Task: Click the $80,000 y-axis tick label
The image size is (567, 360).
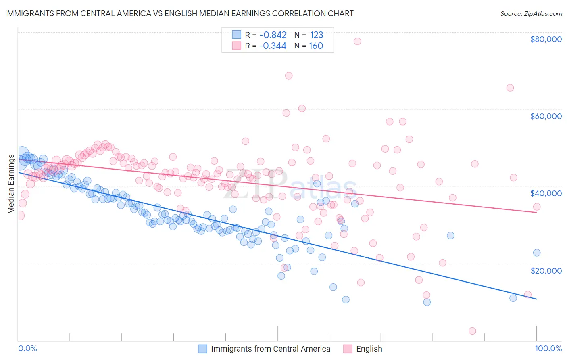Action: coord(546,39)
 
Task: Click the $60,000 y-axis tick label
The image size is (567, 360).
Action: coord(546,116)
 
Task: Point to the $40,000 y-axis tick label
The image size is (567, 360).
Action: coord(546,193)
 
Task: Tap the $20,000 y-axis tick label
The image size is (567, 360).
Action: coord(546,270)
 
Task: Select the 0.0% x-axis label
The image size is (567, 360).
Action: coord(27,349)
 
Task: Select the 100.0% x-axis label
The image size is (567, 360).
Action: coord(548,349)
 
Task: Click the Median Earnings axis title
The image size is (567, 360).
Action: coord(11,184)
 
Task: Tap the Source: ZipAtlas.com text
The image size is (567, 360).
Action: coord(531,13)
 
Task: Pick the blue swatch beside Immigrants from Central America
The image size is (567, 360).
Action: coord(202,349)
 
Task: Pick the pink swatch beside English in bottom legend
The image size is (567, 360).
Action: coord(348,349)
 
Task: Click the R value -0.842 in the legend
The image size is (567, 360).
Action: coord(273,35)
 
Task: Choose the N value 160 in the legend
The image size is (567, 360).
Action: coord(316,46)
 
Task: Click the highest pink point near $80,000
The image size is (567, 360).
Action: coord(357,41)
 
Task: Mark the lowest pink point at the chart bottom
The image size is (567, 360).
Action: coord(472,331)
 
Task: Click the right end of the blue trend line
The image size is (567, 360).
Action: coord(536,299)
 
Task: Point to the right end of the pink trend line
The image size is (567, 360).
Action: coord(536,212)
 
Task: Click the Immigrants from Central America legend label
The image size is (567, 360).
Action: coord(270,349)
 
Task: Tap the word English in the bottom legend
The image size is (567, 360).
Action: coord(369,349)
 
